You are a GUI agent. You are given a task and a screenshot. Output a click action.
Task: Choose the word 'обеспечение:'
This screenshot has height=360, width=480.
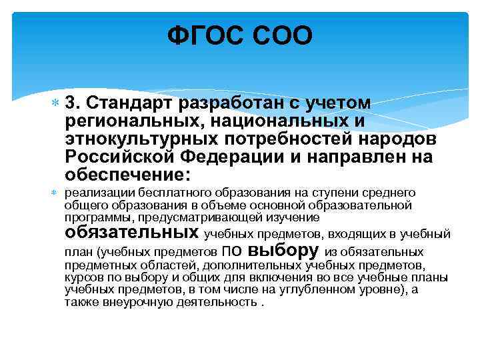click(127, 175)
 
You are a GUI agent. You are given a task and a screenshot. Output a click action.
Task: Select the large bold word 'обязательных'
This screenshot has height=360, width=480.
click(131, 233)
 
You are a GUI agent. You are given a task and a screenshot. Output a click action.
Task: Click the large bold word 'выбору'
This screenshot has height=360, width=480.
click(283, 251)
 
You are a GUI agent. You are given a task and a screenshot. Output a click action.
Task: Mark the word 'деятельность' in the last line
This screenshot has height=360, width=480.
click(223, 301)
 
